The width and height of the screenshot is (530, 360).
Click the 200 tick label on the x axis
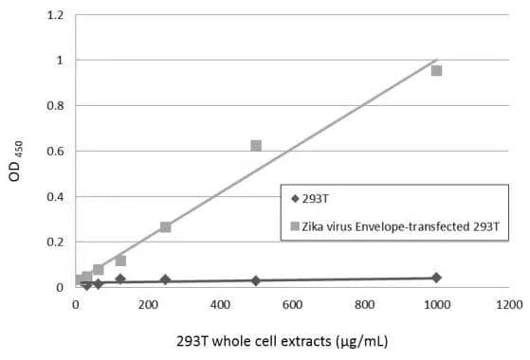[148, 305]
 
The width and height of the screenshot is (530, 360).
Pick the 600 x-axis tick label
[292, 305]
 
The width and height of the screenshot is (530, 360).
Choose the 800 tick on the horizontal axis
[364, 305]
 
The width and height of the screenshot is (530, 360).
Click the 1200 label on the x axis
[508, 305]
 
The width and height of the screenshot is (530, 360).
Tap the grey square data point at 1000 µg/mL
[436, 70]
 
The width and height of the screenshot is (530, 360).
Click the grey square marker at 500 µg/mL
[256, 146]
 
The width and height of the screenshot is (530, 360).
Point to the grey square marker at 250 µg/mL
[166, 226]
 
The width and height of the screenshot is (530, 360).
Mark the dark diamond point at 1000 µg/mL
[436, 278]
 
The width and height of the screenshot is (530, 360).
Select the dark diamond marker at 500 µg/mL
[256, 280]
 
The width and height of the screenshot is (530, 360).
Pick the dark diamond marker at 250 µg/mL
[166, 279]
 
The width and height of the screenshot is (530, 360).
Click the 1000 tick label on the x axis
[436, 305]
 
